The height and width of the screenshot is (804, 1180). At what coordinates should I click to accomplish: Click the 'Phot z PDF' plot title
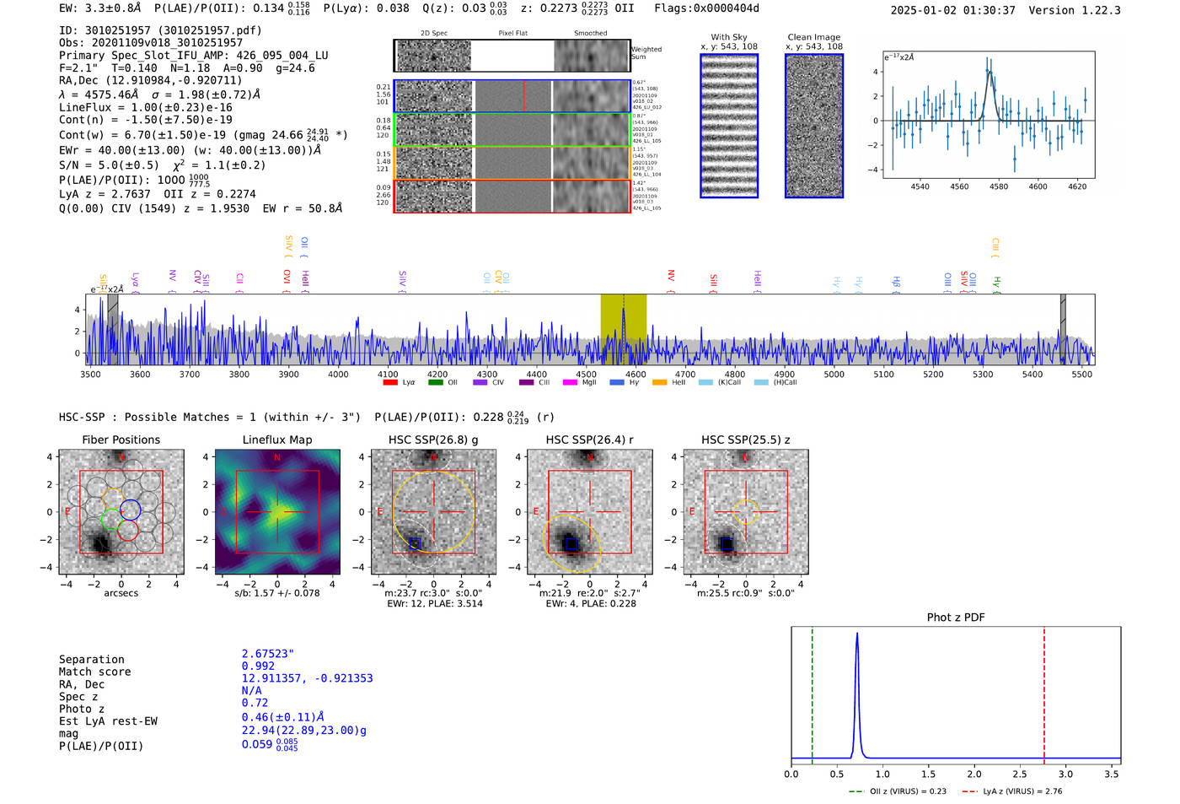pos(956,618)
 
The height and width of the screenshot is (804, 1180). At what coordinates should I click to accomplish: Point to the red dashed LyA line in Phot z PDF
pos(1044,692)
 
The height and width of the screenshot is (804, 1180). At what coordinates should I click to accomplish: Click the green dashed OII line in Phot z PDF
pos(812,692)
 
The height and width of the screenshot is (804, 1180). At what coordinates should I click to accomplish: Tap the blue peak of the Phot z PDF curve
pos(857,634)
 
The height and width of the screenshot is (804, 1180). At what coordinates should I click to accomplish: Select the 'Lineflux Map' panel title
pos(276,440)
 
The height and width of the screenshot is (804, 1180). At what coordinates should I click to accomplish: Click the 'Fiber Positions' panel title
pos(121,440)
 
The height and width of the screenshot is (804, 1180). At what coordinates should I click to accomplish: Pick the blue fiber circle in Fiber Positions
pos(130,510)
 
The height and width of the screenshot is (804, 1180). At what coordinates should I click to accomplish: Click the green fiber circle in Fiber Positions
pos(111,519)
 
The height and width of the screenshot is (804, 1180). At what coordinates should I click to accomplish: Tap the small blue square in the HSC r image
pos(571,544)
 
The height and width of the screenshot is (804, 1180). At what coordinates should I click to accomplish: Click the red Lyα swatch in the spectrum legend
pos(390,383)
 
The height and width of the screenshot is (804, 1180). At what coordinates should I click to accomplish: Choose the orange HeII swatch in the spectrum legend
pos(659,383)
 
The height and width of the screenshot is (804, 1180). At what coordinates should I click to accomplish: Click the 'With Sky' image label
pos(729,37)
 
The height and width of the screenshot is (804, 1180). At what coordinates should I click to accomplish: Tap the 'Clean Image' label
pos(813,37)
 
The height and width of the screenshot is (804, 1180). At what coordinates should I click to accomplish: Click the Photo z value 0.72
pos(255,703)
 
